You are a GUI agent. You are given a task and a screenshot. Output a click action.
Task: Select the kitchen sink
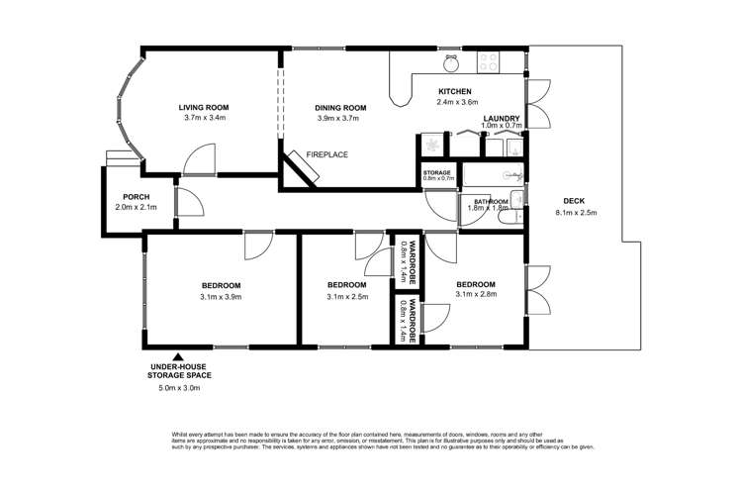tap(450, 63)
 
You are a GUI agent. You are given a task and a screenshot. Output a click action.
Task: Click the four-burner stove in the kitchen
tap(489, 61)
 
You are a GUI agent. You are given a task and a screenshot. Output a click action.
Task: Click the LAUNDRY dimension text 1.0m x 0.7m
tap(501, 126)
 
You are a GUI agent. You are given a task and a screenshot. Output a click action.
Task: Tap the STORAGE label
tap(437, 173)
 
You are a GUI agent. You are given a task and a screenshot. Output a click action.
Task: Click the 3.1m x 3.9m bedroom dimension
tap(220, 296)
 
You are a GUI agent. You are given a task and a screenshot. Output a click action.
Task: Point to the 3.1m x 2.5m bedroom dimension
tap(347, 296)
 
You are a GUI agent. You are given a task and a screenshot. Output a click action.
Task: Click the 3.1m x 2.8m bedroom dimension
tap(475, 295)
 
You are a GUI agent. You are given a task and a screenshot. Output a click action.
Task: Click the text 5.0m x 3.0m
tap(178, 388)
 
